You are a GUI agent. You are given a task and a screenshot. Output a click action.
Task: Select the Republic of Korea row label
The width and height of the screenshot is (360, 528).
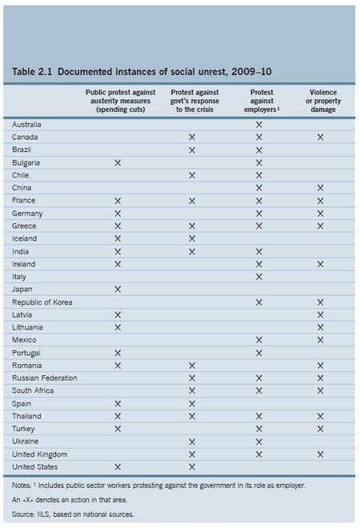point(39,302)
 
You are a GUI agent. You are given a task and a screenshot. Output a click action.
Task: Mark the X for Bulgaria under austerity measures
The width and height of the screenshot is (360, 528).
point(118,162)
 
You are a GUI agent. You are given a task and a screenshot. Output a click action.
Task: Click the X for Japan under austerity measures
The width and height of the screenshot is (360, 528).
point(118,289)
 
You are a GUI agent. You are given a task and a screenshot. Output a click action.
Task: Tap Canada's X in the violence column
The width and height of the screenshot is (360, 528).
point(320,138)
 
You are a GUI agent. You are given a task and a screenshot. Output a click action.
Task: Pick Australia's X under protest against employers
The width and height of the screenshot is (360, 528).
point(258,125)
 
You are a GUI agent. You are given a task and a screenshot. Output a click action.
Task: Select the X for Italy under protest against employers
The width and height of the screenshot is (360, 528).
point(258,277)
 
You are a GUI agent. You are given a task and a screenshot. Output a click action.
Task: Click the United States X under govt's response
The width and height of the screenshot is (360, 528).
point(191,466)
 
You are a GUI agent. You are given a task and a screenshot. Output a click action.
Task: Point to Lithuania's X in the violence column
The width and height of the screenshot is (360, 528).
point(320,327)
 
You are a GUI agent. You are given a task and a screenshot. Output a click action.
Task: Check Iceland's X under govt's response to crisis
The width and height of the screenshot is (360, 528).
point(191,238)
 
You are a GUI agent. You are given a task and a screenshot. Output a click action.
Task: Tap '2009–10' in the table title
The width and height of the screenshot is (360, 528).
point(247,72)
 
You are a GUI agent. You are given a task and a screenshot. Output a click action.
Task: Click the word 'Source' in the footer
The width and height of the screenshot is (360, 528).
point(24,514)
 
